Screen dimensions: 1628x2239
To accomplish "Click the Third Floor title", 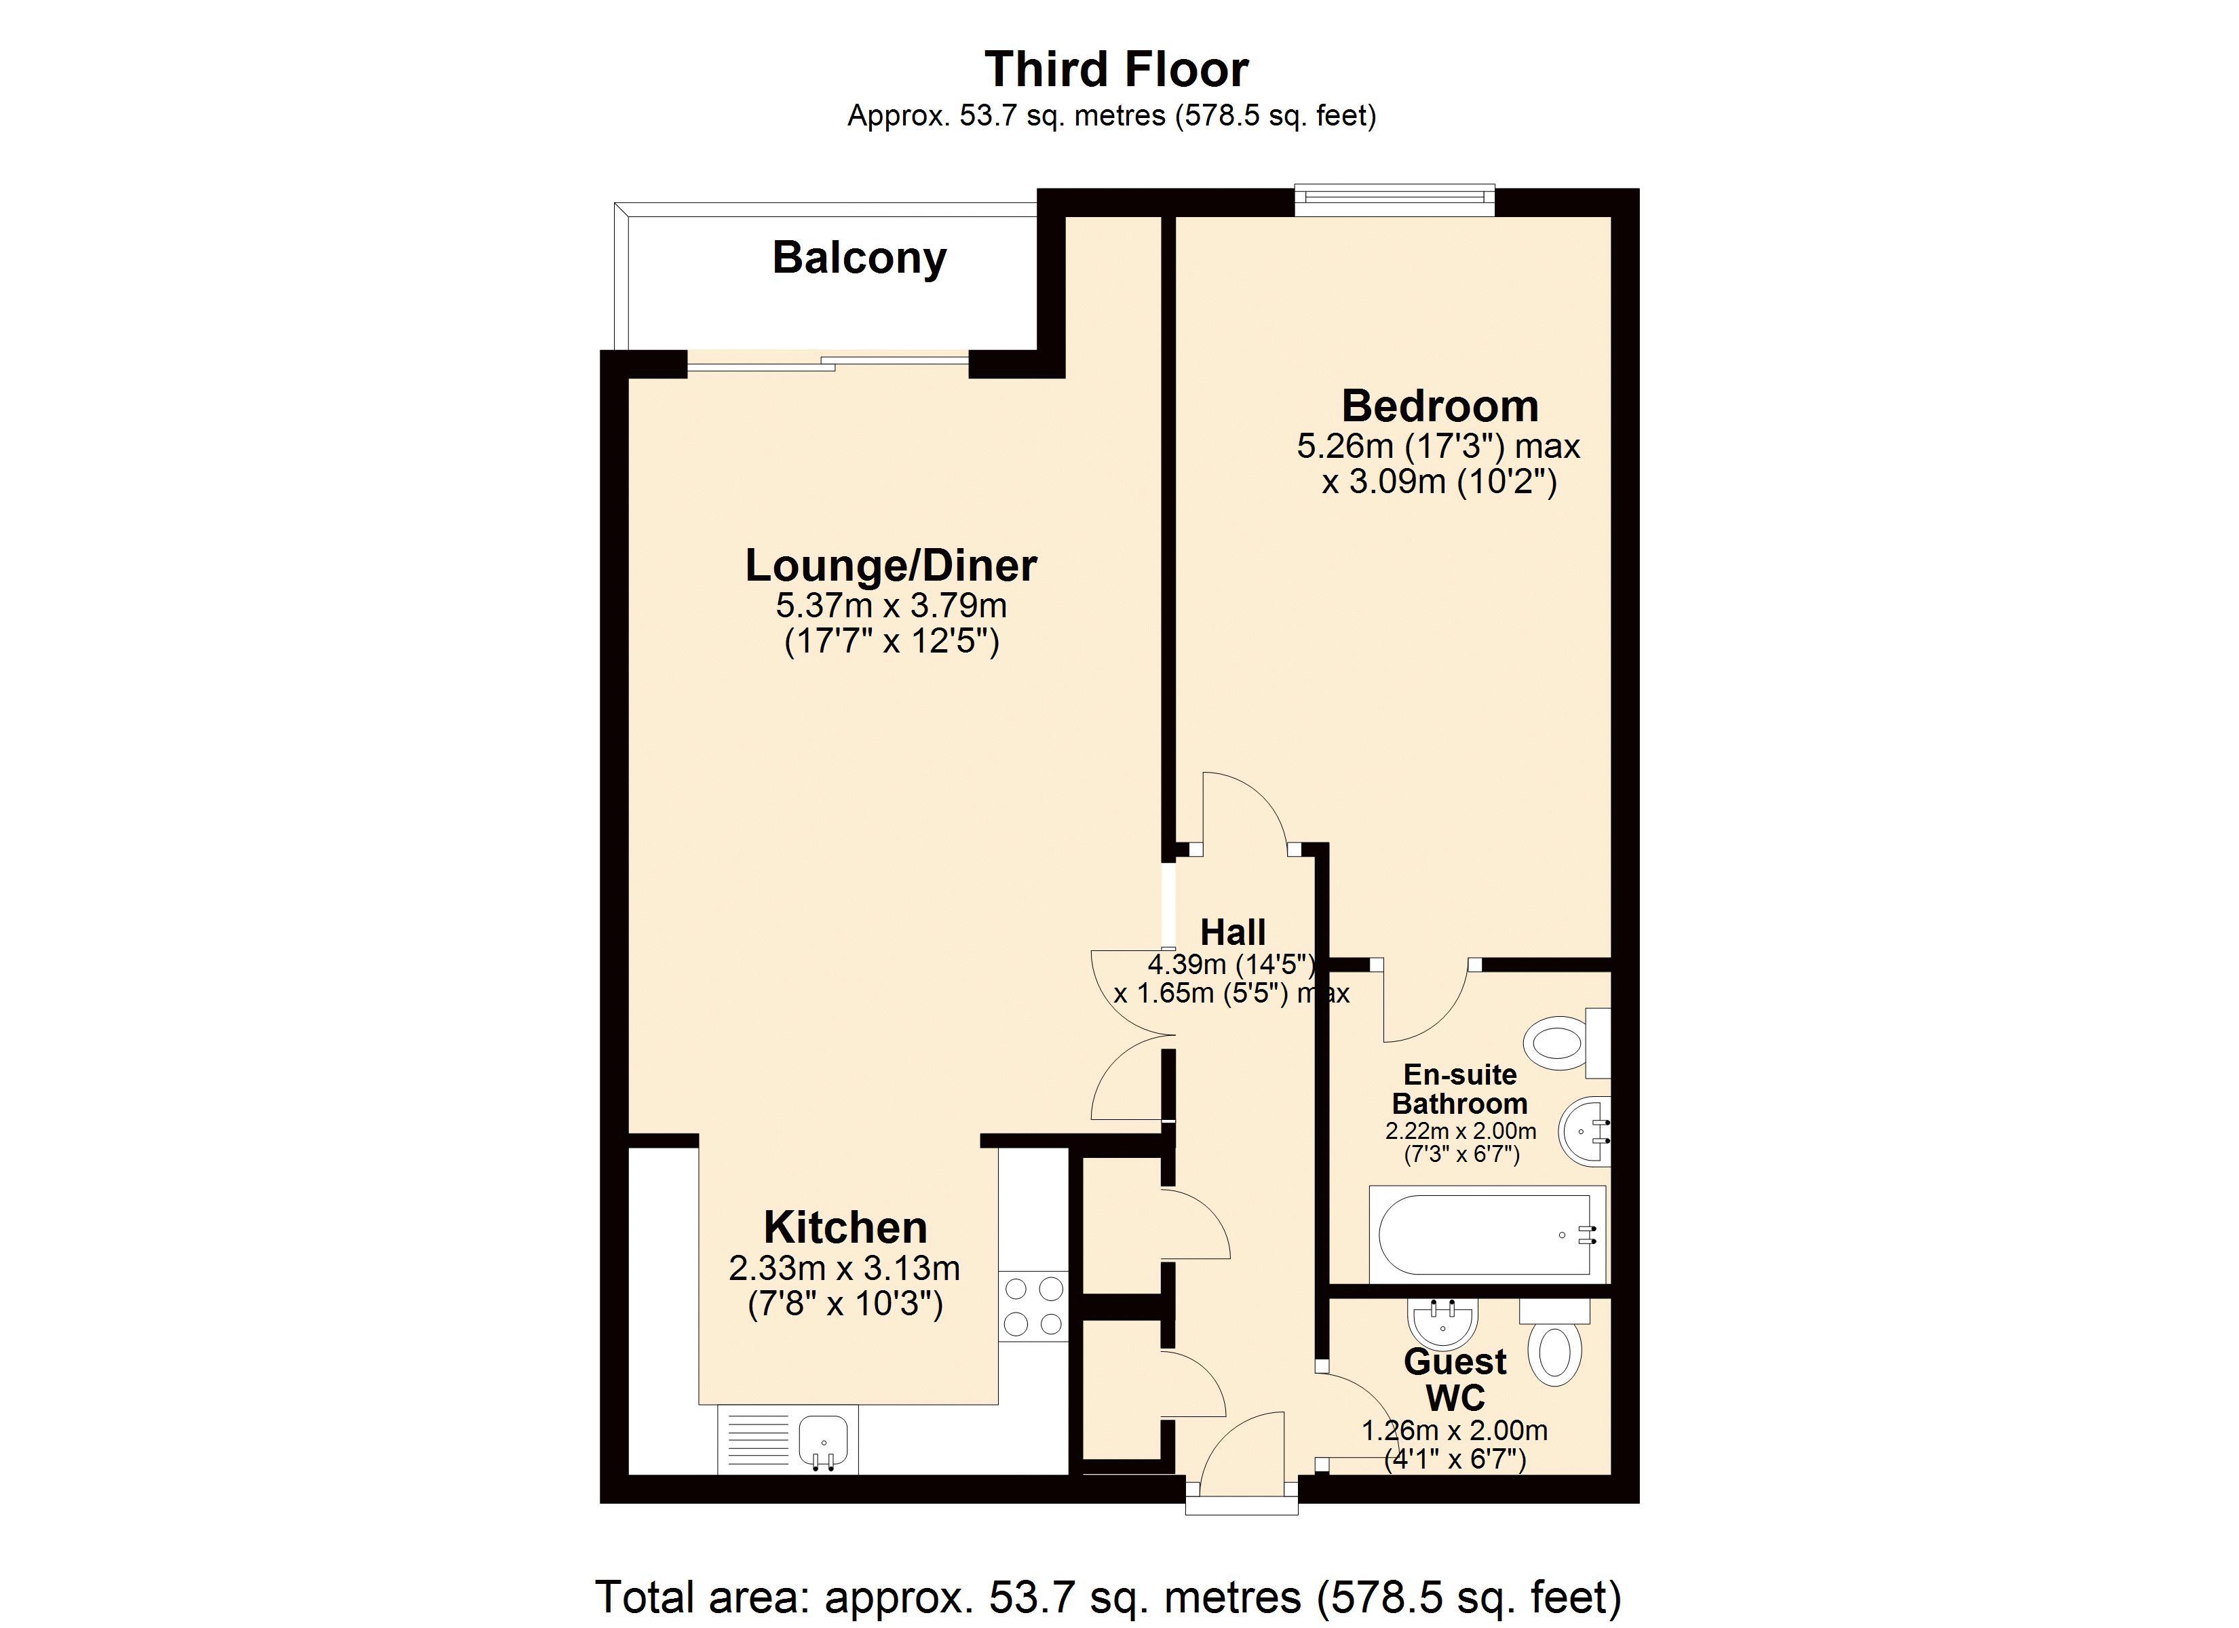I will tap(1117, 70).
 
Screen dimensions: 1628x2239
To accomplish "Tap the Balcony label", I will tap(859, 258).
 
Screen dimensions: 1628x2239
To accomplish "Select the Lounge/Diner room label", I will tap(890, 566).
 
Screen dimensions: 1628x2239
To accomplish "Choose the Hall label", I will tap(1233, 932).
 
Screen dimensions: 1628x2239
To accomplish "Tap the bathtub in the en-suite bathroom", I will tap(1486, 1235).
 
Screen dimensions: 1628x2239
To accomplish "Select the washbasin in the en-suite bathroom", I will tap(1584, 1131).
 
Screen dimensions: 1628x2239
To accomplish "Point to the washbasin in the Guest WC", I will tap(1442, 1320).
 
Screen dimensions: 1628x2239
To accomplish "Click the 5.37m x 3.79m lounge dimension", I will tap(890, 605).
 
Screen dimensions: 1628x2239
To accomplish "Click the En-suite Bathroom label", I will tap(1459, 1089).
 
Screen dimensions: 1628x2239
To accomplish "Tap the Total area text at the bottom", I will tap(1108, 1596).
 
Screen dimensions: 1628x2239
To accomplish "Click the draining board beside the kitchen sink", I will tap(758, 1439).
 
